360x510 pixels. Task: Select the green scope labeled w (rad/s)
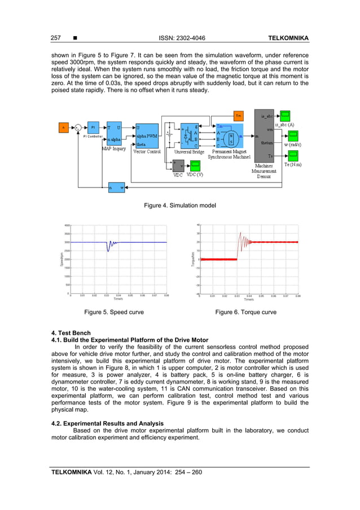(293, 136)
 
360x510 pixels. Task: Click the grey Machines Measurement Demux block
(264, 136)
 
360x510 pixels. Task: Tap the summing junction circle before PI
(78, 128)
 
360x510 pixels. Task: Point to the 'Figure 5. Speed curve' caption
(113, 312)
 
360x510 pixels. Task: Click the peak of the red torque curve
(240, 233)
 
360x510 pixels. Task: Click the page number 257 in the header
(56, 38)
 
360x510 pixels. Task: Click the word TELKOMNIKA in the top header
(287, 38)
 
